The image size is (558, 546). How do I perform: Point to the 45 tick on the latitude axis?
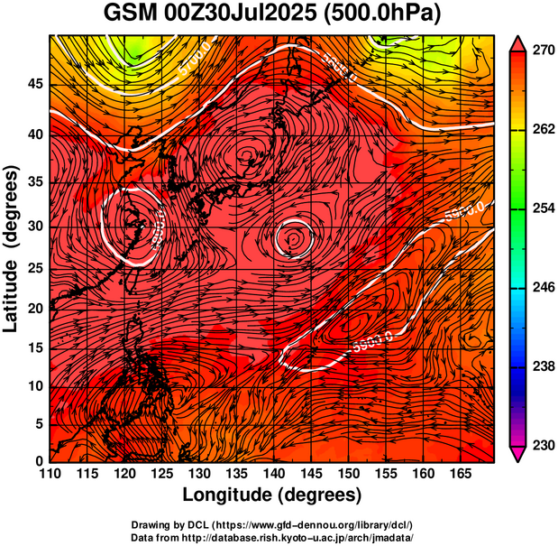pos(36,84)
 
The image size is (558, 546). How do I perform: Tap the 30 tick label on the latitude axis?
pos(36,226)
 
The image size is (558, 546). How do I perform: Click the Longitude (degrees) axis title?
pos(272,495)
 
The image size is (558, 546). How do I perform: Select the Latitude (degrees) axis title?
pos(14,248)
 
